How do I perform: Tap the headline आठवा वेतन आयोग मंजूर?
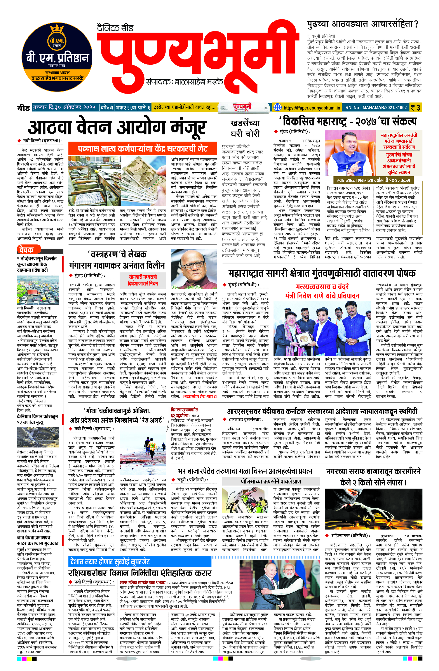coord(117,127)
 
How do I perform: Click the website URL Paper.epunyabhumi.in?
coord(312,107)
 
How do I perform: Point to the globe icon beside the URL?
coord(278,107)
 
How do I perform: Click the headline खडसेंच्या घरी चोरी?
coord(245,128)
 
